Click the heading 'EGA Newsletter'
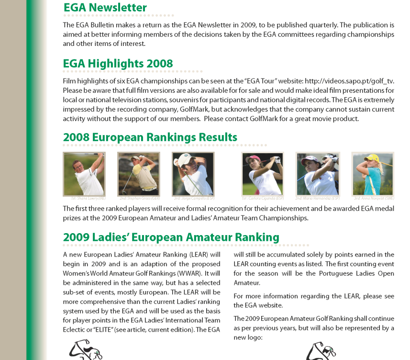tap(105, 8)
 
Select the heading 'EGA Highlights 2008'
tap(118, 64)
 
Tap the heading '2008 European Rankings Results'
tap(150, 137)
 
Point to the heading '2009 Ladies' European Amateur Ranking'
tap(171, 237)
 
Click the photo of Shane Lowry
tap(84, 174)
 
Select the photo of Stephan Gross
tap(139, 174)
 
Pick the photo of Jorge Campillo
tap(193, 174)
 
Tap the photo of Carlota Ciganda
tap(263, 174)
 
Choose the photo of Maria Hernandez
tap(318, 174)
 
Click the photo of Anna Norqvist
tap(373, 174)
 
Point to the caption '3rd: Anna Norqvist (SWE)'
tap(374, 198)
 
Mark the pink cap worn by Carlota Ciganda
tap(254, 158)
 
